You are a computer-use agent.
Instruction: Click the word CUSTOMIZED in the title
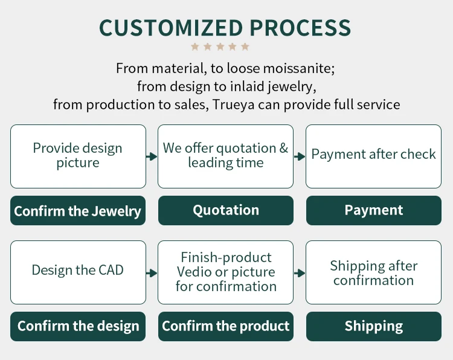point(171,28)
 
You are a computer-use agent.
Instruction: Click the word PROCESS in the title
point(300,28)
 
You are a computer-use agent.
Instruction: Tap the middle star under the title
point(220,47)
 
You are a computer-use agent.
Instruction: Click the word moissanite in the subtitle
point(299,68)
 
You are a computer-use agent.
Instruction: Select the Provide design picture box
point(78,156)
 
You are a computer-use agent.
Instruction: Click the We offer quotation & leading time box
point(225,156)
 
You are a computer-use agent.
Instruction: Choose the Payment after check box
point(373,156)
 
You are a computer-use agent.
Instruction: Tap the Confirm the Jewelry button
point(78,210)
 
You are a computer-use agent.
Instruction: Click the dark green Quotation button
point(226,210)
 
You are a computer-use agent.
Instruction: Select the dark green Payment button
point(374,210)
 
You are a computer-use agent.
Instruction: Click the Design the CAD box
point(78,272)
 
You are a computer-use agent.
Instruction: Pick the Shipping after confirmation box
point(373,272)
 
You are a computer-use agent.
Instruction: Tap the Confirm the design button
point(78,326)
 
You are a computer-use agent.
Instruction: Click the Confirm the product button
point(226,326)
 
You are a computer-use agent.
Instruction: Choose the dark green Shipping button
point(374,326)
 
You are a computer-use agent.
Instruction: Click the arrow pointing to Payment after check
point(300,156)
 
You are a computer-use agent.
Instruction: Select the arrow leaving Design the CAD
point(152,273)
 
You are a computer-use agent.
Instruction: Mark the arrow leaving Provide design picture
point(152,156)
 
